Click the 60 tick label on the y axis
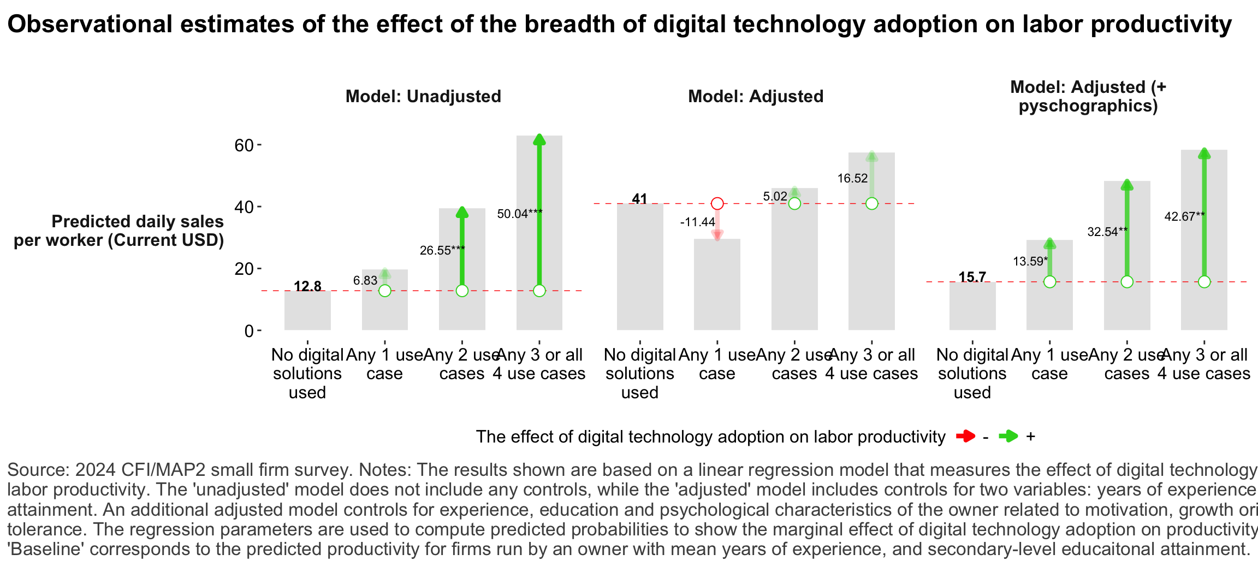244,145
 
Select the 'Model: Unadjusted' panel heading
423,97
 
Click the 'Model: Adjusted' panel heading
756,97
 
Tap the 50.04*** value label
519,214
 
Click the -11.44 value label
697,222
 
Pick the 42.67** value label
1184,216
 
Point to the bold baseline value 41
639,199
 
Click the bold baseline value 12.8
307,286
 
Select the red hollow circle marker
717,204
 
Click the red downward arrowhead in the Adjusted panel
717,235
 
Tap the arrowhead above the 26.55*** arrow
462,212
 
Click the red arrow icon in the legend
965,437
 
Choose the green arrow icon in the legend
1008,437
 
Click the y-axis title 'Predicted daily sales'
137,222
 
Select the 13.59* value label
1030,261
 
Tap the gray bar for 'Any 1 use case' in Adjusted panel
717,284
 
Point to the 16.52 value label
852,178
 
